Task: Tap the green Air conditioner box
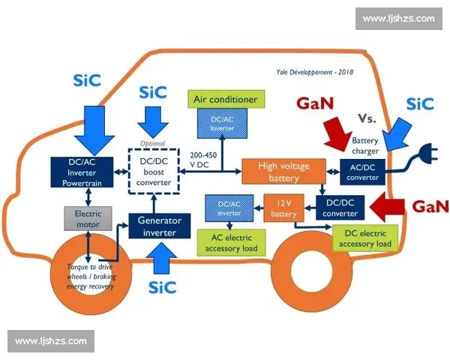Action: point(225,99)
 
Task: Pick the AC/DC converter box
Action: point(362,172)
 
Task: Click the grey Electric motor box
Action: point(88,218)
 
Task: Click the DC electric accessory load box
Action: point(364,238)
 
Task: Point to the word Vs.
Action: point(367,118)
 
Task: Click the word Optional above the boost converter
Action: point(152,143)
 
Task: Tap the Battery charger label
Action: point(364,145)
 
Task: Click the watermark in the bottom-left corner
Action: point(51,341)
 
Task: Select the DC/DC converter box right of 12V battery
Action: point(340,207)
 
